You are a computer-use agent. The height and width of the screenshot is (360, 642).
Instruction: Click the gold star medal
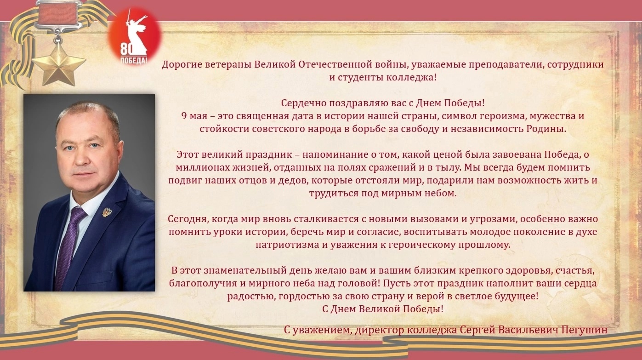59,64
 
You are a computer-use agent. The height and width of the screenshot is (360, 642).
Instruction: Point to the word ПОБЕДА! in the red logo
134,60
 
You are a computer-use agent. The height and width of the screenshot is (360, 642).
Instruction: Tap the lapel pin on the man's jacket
107,212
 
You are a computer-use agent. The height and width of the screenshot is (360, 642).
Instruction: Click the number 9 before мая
184,116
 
